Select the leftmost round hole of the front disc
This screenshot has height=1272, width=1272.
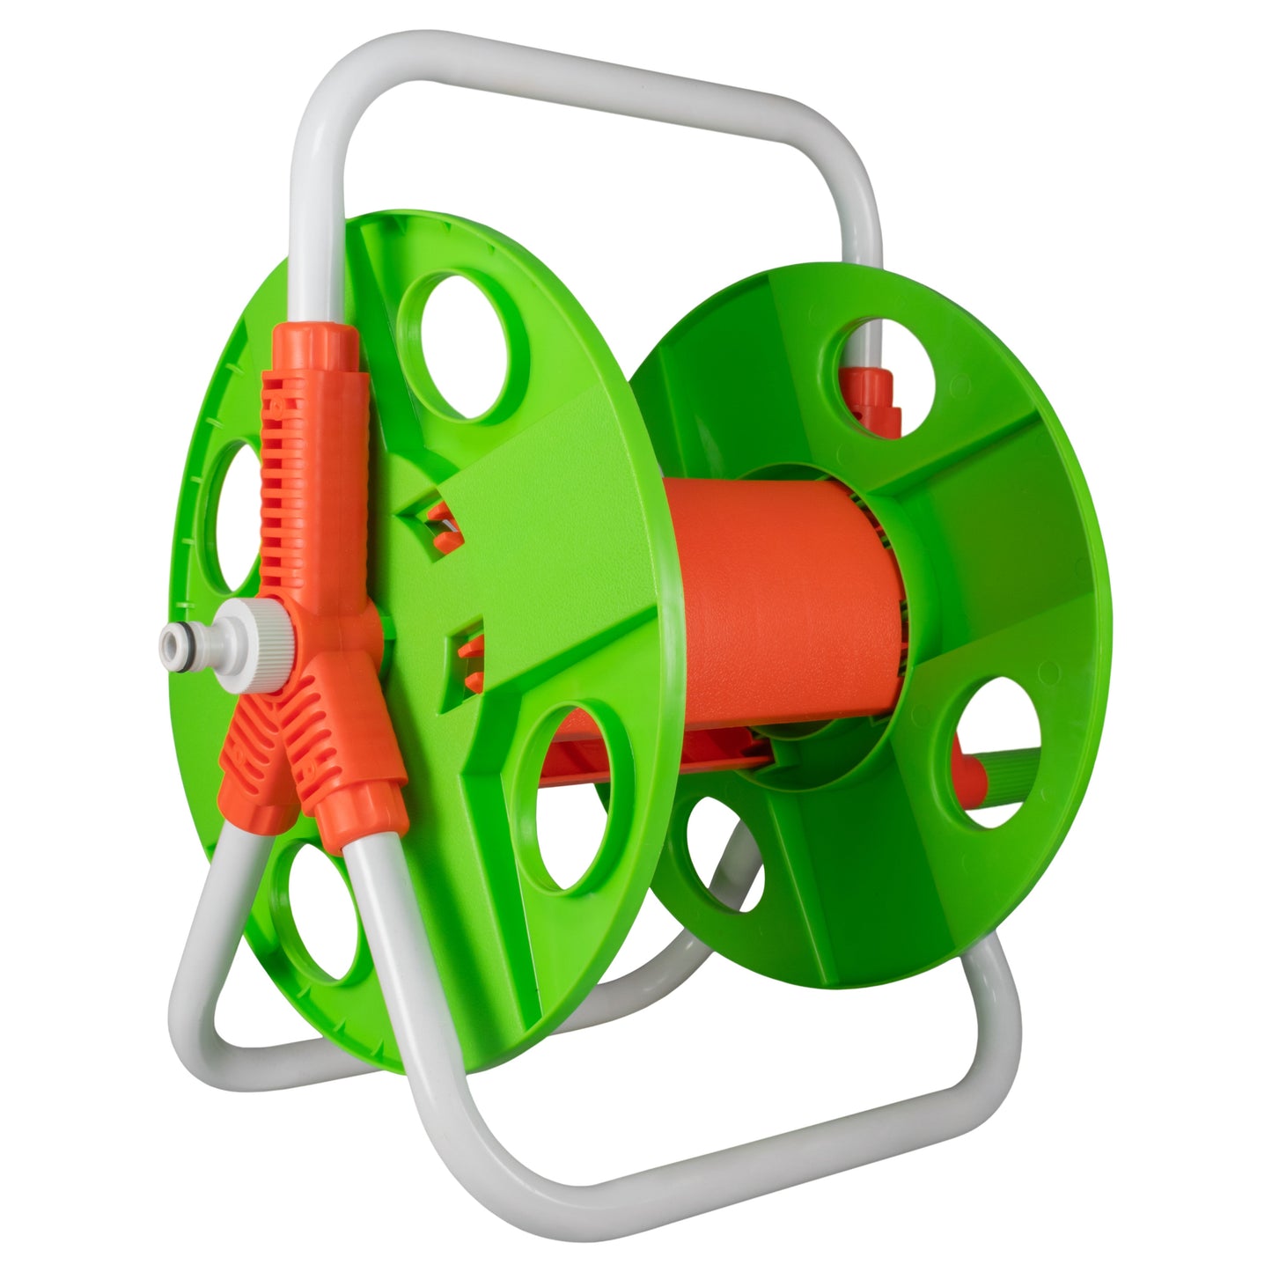click(231, 515)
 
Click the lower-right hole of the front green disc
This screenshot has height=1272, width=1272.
click(577, 797)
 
